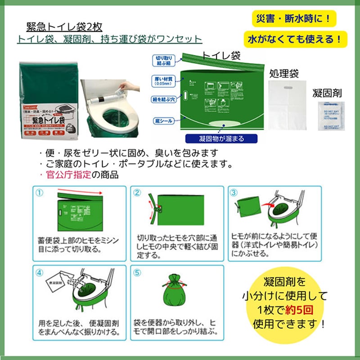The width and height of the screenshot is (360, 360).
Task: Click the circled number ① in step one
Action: pos(40,192)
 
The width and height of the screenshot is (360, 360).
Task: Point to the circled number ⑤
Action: pos(138,271)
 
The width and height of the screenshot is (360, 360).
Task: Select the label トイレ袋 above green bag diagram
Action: pos(220,56)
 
